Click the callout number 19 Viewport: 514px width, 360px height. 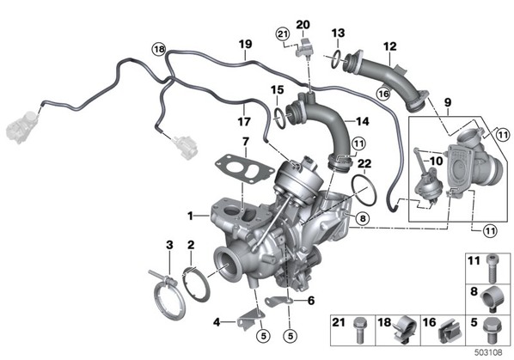tap(245, 44)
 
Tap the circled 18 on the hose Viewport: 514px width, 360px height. tap(159, 50)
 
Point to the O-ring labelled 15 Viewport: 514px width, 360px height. tap(278, 118)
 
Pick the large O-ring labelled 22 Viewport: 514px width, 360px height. tap(364, 190)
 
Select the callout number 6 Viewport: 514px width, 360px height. tap(310, 301)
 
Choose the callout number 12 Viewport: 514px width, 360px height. tap(389, 46)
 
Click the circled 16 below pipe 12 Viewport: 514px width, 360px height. tap(383, 94)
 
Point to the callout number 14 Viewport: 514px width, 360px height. tap(362, 121)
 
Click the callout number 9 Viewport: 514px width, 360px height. tap(448, 102)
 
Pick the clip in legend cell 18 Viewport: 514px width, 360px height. tap(405, 329)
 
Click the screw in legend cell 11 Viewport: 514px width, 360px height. tap(492, 269)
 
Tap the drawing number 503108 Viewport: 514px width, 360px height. tap(488, 352)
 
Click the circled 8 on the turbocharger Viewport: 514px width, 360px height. tap(362, 218)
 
